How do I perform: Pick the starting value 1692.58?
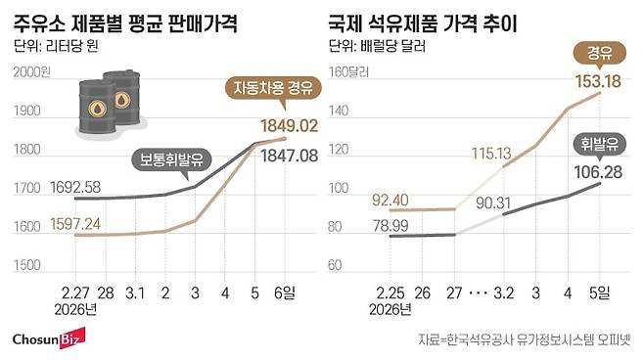click(x=47, y=186)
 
